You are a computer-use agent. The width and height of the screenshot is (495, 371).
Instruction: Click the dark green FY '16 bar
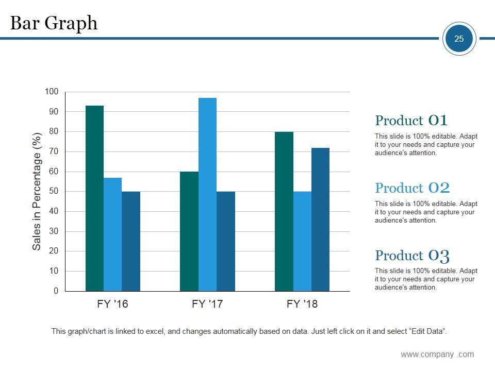(x=94, y=198)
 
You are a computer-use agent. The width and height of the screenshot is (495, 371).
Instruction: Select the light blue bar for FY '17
(x=207, y=194)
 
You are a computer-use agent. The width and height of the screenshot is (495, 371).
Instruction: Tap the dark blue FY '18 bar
(x=320, y=220)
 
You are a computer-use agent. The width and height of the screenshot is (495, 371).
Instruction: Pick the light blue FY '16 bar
(x=112, y=234)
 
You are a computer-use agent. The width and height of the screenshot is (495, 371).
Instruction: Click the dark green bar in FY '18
(x=284, y=211)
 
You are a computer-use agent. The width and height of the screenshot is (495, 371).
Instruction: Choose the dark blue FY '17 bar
(x=226, y=241)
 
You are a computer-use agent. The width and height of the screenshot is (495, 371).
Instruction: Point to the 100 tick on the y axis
(x=52, y=92)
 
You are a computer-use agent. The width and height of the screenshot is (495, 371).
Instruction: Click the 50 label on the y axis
(x=54, y=191)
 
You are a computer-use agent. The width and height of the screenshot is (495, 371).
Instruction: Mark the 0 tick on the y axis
(x=56, y=291)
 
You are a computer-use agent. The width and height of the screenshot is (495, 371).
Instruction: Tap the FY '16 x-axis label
(x=112, y=304)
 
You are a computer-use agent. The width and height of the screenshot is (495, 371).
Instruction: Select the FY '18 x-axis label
(x=302, y=304)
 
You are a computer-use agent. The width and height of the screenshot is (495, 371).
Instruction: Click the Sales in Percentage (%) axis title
(x=37, y=192)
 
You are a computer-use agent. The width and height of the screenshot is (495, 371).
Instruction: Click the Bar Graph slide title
(x=54, y=23)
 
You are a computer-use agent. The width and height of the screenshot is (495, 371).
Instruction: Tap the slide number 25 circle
(x=459, y=39)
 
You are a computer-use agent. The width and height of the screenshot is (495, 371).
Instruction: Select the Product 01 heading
(x=411, y=121)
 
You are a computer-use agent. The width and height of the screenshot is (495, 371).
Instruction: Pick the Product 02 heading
(x=412, y=188)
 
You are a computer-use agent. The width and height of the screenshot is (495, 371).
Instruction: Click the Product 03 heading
(x=412, y=256)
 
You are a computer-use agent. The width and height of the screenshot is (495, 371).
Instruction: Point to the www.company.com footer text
(x=437, y=354)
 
